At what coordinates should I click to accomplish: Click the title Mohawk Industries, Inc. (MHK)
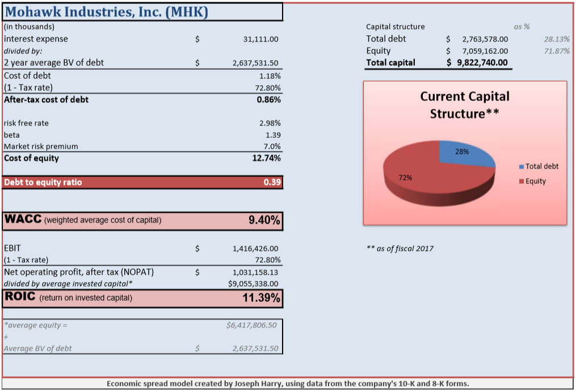click(x=106, y=12)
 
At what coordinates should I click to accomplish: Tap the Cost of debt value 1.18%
click(x=270, y=75)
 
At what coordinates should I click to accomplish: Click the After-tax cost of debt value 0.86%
click(x=268, y=99)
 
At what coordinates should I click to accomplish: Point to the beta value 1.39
click(x=273, y=134)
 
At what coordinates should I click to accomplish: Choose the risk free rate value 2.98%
click(x=270, y=123)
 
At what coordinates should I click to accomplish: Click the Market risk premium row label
click(x=41, y=146)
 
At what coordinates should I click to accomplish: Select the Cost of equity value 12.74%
click(x=266, y=158)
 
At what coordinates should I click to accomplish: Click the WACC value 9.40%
click(x=264, y=221)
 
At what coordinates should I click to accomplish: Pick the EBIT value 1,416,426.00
click(x=255, y=249)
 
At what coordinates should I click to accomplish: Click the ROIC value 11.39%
click(x=262, y=297)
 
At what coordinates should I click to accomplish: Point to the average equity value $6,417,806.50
click(x=251, y=325)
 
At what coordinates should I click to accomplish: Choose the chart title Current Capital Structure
click(x=465, y=105)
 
